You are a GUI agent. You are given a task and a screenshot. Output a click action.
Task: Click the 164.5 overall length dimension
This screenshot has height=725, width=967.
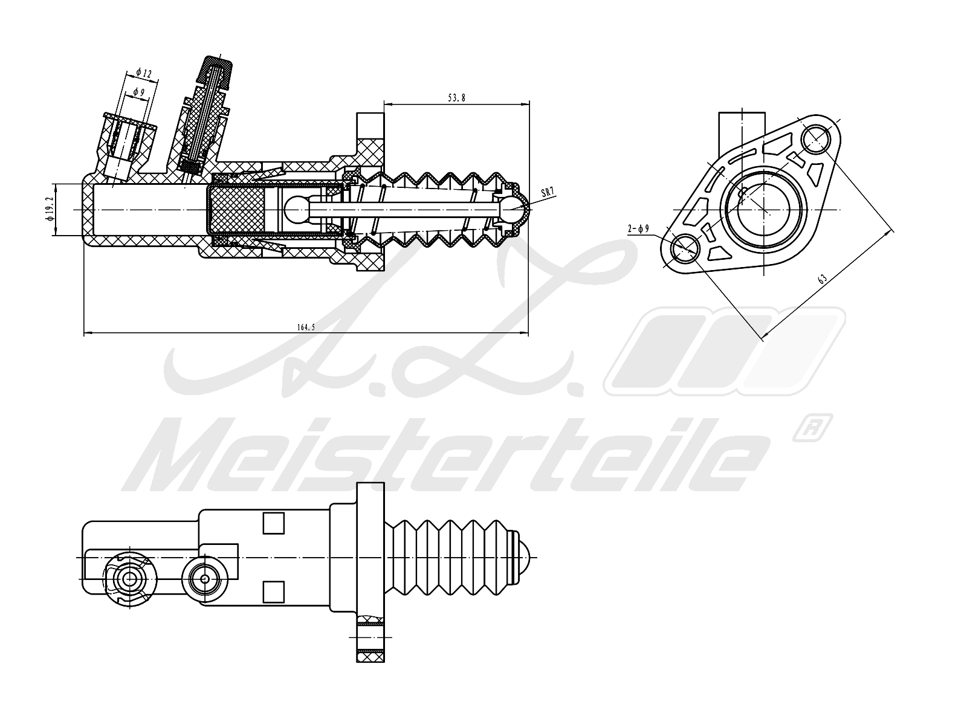(x=306, y=327)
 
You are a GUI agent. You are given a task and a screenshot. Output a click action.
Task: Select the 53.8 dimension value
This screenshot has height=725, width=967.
(x=456, y=97)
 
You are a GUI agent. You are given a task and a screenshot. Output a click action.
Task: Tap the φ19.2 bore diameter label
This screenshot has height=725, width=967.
(x=50, y=208)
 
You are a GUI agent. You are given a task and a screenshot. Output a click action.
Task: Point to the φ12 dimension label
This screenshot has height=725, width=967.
(x=144, y=73)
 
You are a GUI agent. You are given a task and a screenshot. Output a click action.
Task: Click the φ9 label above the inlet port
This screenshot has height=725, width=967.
(x=138, y=92)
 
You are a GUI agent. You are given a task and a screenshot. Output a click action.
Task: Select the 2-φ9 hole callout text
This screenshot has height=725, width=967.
(x=638, y=228)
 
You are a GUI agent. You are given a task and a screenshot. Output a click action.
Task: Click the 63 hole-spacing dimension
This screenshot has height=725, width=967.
(x=822, y=279)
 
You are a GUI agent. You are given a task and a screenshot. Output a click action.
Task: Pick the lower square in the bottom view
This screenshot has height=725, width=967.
(x=274, y=590)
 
